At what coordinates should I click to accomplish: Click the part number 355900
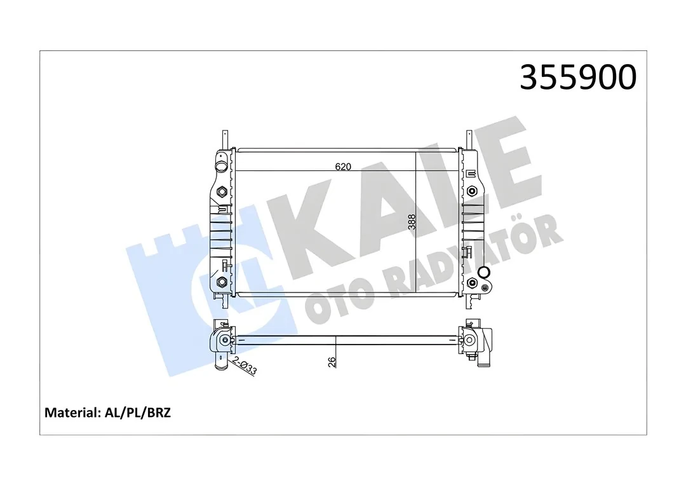coord(577,78)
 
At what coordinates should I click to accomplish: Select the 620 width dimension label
coord(343,167)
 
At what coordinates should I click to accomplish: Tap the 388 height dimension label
coord(412,221)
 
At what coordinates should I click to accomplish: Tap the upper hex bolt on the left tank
coord(222,193)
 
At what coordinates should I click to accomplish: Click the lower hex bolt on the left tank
coord(222,282)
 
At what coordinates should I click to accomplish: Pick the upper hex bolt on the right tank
coord(471,191)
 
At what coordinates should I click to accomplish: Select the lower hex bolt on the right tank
coord(471,283)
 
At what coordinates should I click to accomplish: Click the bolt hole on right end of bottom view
coord(470,341)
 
